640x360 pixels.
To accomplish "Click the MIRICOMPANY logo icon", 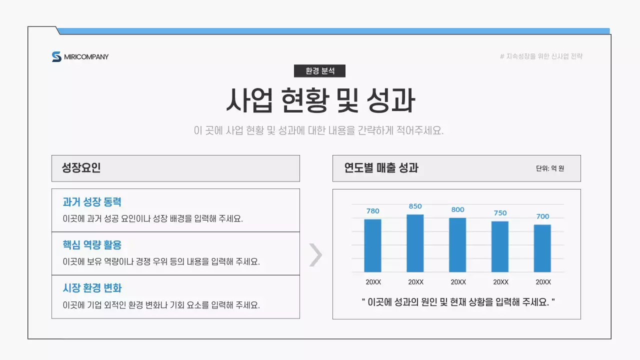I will pyautogui.click(x=56, y=56).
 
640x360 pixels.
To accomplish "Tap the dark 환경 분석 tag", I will pyautogui.click(x=319, y=71).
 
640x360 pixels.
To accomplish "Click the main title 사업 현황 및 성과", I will pyautogui.click(x=320, y=100).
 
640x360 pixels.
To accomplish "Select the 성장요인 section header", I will pyautogui.click(x=81, y=168).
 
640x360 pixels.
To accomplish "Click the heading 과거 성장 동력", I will pyautogui.click(x=92, y=202).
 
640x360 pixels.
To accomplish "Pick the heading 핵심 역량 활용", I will pyautogui.click(x=92, y=245).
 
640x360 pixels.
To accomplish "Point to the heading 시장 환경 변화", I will pyautogui.click(x=92, y=288).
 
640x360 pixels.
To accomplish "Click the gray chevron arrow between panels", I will pyautogui.click(x=315, y=255).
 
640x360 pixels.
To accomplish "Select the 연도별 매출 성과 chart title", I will pyautogui.click(x=381, y=168).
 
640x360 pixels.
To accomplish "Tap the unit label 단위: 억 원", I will pyautogui.click(x=550, y=168).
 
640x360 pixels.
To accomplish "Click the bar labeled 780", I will pyautogui.click(x=372, y=245).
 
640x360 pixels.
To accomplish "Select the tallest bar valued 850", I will pyautogui.click(x=415, y=243).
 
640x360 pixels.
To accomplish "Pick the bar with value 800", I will pyautogui.click(x=457, y=244).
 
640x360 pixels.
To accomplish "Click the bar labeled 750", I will pyautogui.click(x=500, y=246).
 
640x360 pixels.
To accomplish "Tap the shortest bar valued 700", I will pyautogui.click(x=542, y=248).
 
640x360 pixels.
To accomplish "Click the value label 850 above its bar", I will pyautogui.click(x=415, y=206).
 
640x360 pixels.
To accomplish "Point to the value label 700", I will pyautogui.click(x=542, y=216).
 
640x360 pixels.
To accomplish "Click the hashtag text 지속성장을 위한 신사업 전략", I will pyautogui.click(x=541, y=56).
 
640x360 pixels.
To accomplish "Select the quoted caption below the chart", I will pyautogui.click(x=458, y=302).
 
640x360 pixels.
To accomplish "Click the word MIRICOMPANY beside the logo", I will pyautogui.click(x=86, y=57).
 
